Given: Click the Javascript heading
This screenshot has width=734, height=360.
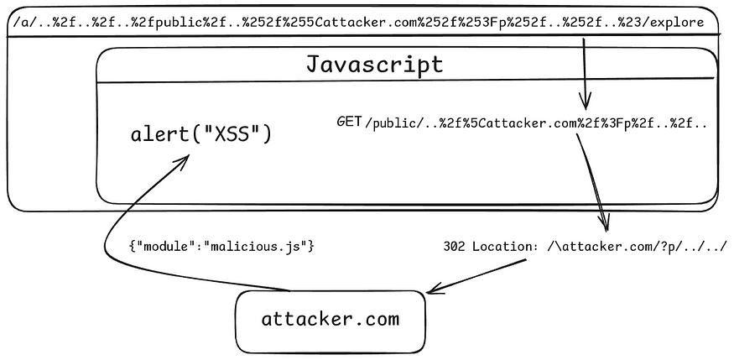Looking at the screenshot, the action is [x=374, y=64].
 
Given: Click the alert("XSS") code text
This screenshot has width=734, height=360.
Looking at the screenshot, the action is [x=201, y=134].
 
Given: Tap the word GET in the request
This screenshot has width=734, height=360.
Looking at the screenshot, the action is [x=349, y=123].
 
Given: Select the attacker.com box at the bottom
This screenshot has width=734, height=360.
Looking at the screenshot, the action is [x=331, y=319].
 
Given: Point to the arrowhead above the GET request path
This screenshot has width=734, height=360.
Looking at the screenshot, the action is [x=585, y=105].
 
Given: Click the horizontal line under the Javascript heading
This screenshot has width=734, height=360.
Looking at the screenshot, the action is [x=403, y=82].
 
